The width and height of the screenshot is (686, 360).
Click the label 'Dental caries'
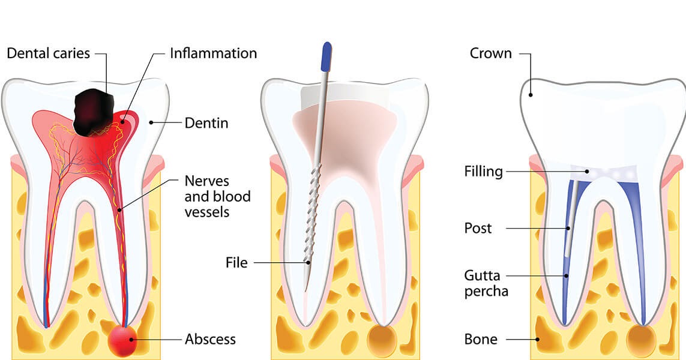pos(48,53)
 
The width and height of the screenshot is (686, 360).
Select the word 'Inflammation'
pos(213,53)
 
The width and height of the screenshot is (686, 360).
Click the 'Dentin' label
pos(206,124)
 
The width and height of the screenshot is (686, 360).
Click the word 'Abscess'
pos(210,340)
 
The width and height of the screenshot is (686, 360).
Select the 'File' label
pos(236,263)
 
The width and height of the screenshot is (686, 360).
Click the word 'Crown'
pos(491,53)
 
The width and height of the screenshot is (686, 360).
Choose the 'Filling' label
pos(483,172)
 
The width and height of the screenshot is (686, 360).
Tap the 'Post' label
pos(478,229)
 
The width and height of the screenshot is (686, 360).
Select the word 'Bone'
pos(481,340)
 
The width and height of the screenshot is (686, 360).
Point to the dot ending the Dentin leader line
pos(151,123)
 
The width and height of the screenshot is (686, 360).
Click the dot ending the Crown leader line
pos(531,94)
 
